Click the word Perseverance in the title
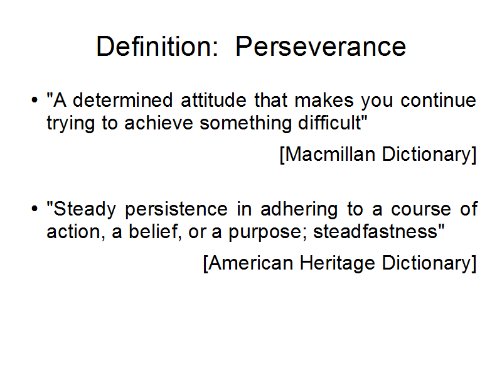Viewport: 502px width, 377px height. click(x=321, y=46)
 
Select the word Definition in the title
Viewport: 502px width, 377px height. click(x=154, y=46)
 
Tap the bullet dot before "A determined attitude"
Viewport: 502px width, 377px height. click(x=35, y=100)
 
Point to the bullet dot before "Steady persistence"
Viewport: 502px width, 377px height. click(x=35, y=209)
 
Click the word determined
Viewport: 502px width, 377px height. click(x=122, y=100)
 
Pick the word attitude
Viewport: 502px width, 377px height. click(x=213, y=100)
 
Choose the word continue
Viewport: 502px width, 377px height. click(x=438, y=100)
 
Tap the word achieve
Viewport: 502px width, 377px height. click(x=159, y=123)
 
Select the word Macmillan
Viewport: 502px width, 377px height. click(x=330, y=154)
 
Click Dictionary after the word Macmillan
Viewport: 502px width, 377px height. click(x=427, y=155)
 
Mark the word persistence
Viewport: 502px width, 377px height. click(x=176, y=210)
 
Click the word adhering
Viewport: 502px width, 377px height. click(x=299, y=210)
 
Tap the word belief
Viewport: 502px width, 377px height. click(x=153, y=231)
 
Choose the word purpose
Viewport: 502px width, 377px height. click(x=264, y=232)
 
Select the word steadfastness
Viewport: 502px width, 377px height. click(x=375, y=231)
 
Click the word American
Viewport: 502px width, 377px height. click(x=250, y=263)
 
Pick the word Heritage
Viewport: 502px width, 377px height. click(x=338, y=264)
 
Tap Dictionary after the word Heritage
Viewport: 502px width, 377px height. click(x=427, y=264)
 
